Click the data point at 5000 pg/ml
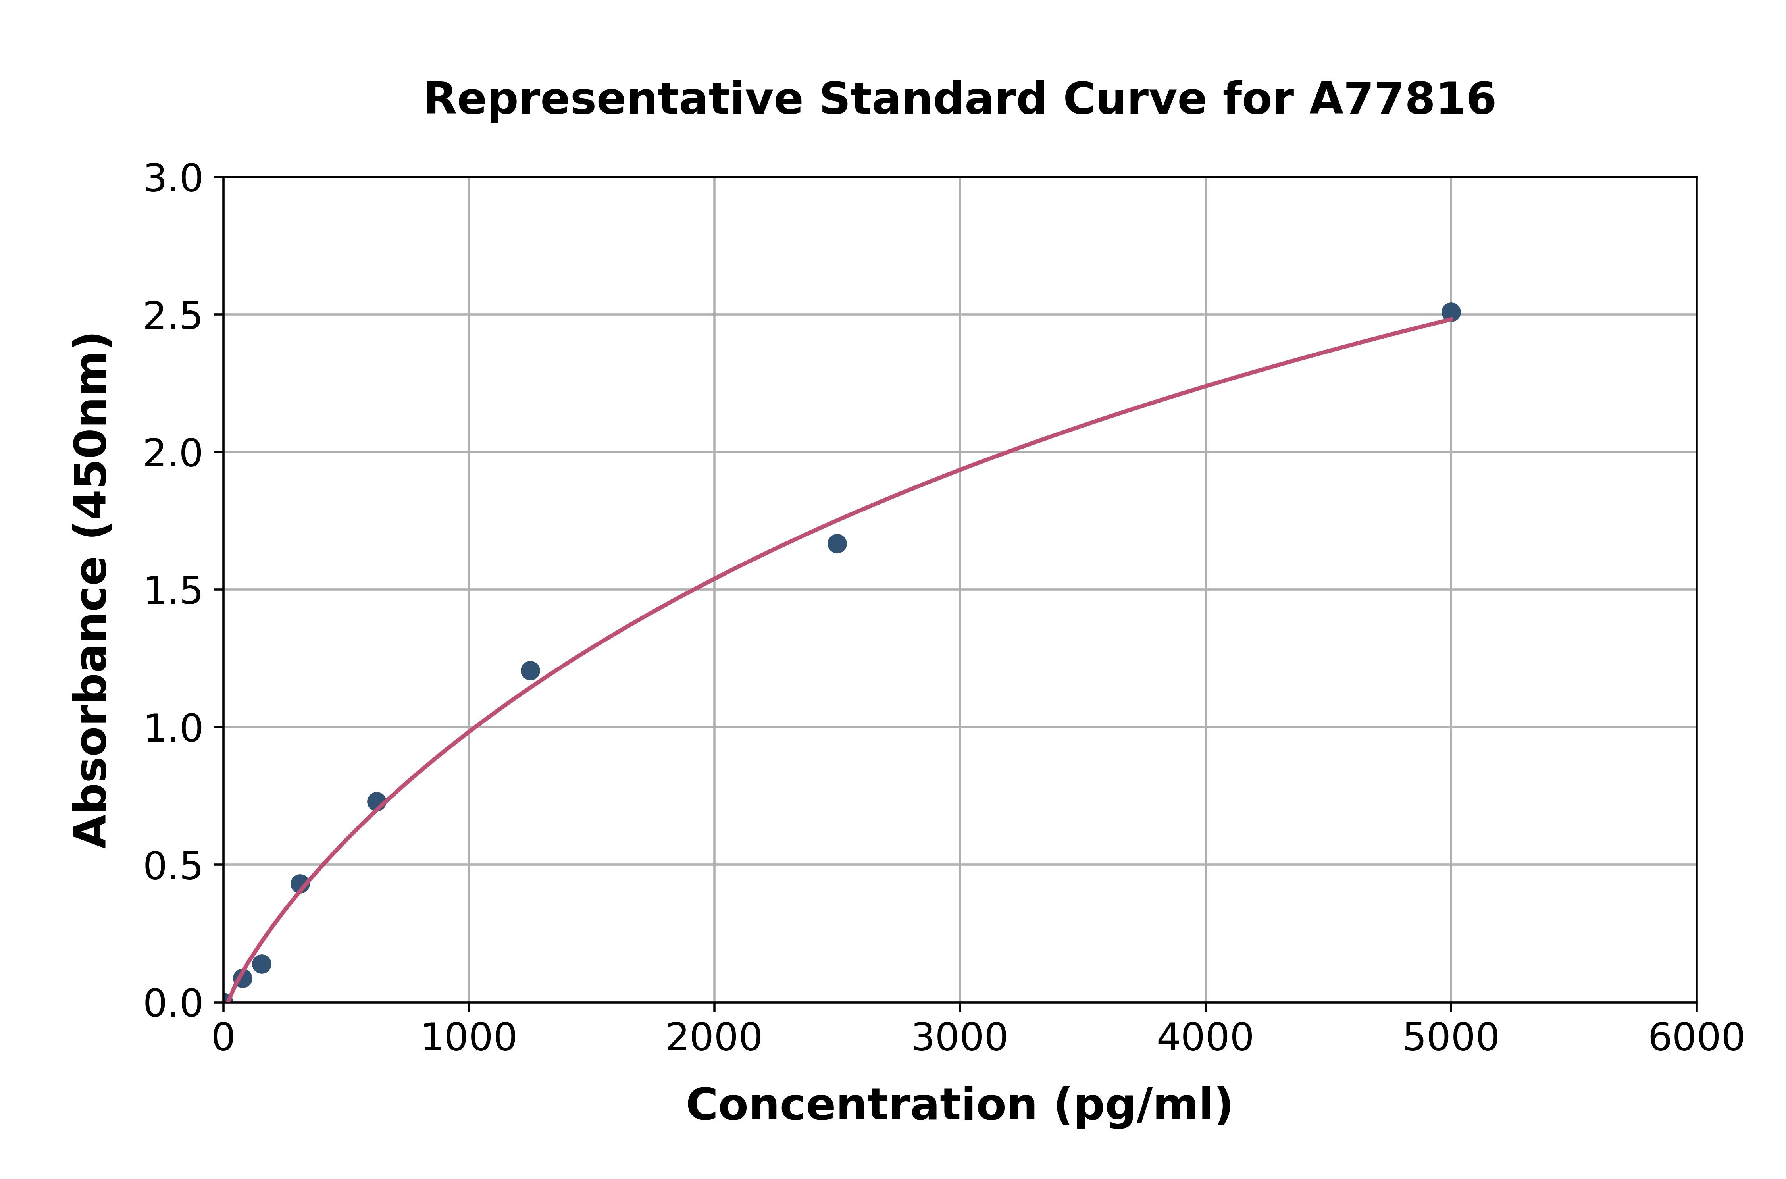click(x=1451, y=312)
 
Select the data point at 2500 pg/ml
click(x=837, y=543)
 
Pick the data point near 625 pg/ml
click(x=377, y=801)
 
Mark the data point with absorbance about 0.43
click(x=300, y=884)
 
